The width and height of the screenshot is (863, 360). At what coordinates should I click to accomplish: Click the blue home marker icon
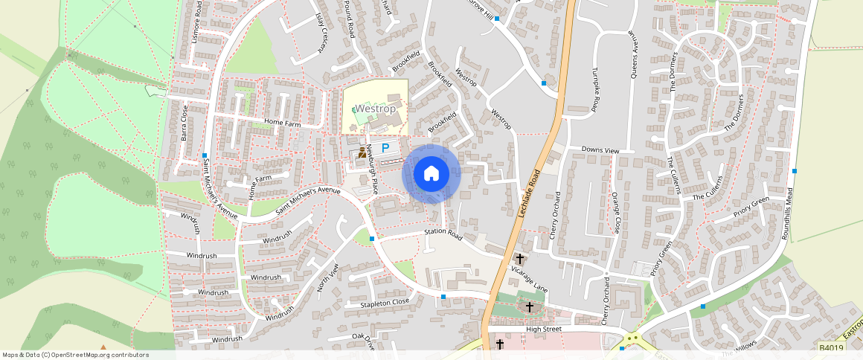(431, 174)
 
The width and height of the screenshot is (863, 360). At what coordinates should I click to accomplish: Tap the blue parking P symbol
(385, 149)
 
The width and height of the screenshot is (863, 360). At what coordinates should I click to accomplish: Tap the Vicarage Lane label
(530, 278)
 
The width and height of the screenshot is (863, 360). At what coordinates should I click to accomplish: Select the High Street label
(543, 329)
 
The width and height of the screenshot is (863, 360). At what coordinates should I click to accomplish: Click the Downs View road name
(600, 150)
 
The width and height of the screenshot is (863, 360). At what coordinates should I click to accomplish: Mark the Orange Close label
(615, 213)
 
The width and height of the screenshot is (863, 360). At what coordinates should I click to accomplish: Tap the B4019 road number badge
(831, 347)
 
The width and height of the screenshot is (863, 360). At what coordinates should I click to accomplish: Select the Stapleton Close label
(385, 303)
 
